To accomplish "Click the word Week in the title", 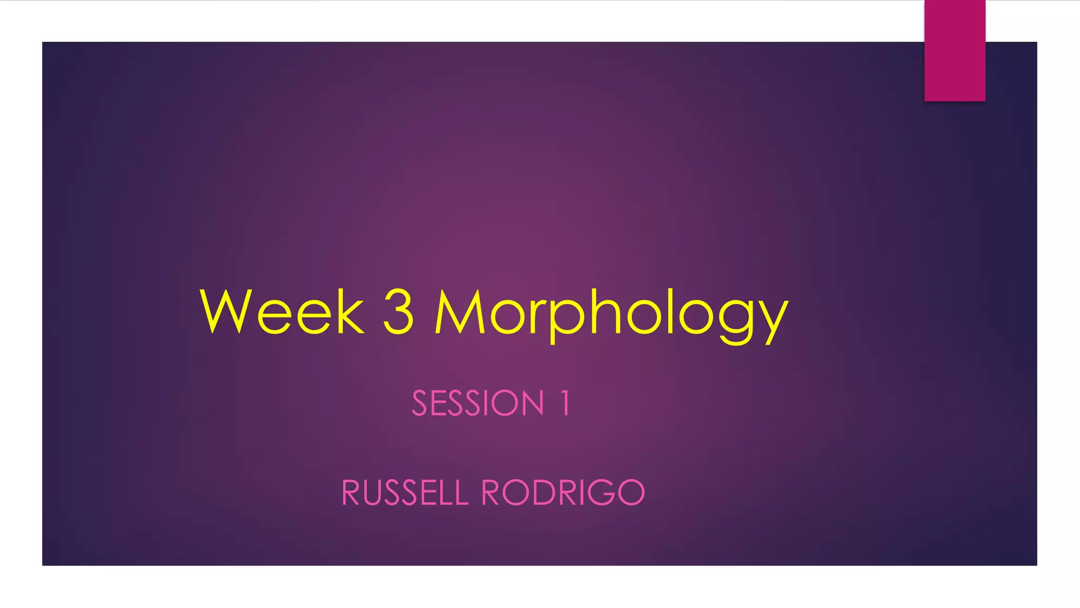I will pyautogui.click(x=282, y=312).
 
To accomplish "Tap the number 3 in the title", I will pyautogui.click(x=398, y=312).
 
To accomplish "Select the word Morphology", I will pyautogui.click(x=612, y=314).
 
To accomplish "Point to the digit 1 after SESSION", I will pyautogui.click(x=564, y=404).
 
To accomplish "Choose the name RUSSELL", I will pyautogui.click(x=405, y=493).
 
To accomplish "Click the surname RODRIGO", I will pyautogui.click(x=563, y=493).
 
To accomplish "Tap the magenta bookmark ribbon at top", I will pyautogui.click(x=954, y=50).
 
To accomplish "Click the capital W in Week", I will pyautogui.click(x=224, y=312).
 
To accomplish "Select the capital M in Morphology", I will pyautogui.click(x=459, y=312).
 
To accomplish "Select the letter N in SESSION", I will pyautogui.click(x=530, y=404).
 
